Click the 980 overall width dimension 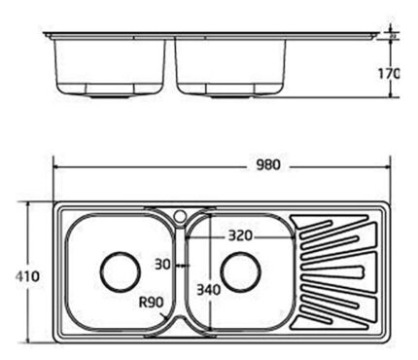pyautogui.click(x=268, y=165)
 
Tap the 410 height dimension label pyautogui.click(x=27, y=276)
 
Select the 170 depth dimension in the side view pyautogui.click(x=389, y=74)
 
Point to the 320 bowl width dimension pyautogui.click(x=240, y=235)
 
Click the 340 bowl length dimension pyautogui.click(x=209, y=290)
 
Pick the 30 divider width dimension pyautogui.click(x=162, y=265)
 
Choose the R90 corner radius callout pyautogui.click(x=151, y=303)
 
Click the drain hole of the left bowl pyautogui.click(x=121, y=271)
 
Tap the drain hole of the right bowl pyautogui.click(x=240, y=271)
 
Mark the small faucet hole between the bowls pyautogui.click(x=180, y=215)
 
